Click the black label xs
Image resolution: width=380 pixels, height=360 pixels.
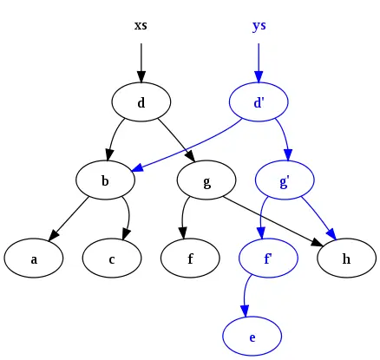pyautogui.click(x=141, y=25)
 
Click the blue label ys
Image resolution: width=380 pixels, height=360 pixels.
pyautogui.click(x=259, y=25)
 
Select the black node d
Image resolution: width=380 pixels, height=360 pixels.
pyautogui.click(x=141, y=103)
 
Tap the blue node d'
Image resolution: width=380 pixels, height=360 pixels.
pyautogui.click(x=259, y=103)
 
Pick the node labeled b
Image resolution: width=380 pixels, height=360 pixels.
pyautogui.click(x=105, y=181)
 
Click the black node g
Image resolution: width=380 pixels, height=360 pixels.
pyautogui.click(x=206, y=181)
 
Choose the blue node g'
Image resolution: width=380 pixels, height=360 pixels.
pyautogui.click(x=285, y=181)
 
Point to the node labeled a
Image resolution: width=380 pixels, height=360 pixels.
pyautogui.click(x=33, y=259)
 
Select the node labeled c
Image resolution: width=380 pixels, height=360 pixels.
pyautogui.click(x=112, y=259)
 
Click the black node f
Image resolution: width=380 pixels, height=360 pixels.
pyautogui.click(x=190, y=259)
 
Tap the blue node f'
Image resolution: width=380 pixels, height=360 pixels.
pyautogui.click(x=268, y=259)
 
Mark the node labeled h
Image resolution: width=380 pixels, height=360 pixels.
pyautogui.click(x=347, y=259)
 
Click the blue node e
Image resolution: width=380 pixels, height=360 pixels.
pyautogui.click(x=252, y=337)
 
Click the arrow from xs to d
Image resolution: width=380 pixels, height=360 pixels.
pyautogui.click(x=141, y=61)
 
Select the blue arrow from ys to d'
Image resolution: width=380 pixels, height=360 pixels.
pyautogui.click(x=259, y=61)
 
